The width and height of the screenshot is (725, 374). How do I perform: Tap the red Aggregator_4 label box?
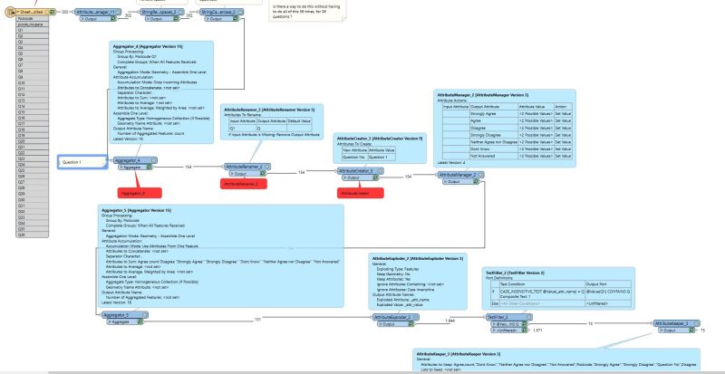[140, 192]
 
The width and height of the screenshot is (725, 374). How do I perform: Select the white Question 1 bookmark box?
[82, 162]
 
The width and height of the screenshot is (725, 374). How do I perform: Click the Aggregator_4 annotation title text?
[148, 44]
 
